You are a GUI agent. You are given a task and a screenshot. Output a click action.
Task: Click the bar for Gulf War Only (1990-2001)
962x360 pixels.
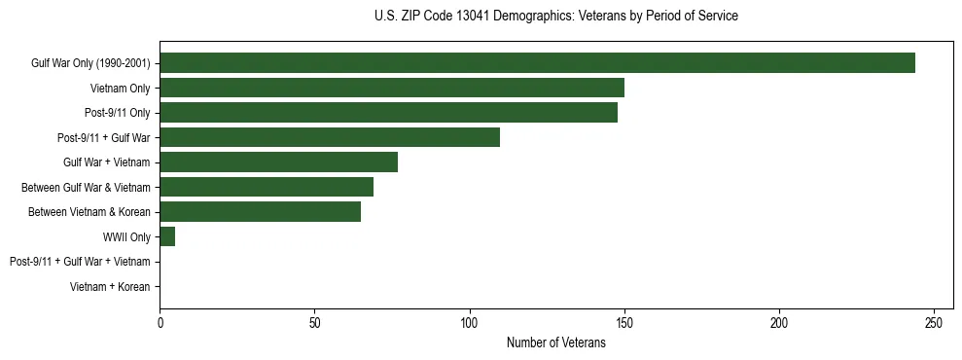[x=537, y=63]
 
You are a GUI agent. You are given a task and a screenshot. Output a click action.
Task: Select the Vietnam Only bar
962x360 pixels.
[x=392, y=88]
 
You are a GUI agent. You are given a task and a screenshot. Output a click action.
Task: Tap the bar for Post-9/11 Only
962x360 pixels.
[x=388, y=113]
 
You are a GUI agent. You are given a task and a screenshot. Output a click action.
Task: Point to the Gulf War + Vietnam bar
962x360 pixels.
[x=278, y=162]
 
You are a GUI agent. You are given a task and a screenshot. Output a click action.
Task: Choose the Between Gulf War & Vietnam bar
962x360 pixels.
[x=267, y=187]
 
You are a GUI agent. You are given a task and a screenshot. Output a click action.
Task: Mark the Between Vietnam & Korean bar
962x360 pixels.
[x=260, y=212]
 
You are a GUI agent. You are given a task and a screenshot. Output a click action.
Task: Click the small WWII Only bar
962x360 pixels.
[x=167, y=236]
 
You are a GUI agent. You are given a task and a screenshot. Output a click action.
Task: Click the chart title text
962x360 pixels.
[x=555, y=17]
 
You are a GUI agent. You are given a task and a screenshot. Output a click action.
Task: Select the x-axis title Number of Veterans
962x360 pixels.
[x=555, y=343]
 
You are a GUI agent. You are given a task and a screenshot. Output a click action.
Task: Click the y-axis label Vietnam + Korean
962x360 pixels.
[x=110, y=287]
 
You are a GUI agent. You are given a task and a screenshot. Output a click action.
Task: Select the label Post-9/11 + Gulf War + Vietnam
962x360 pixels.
[x=80, y=262]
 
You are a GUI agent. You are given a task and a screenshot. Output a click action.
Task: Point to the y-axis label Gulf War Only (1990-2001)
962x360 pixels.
[x=90, y=64]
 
